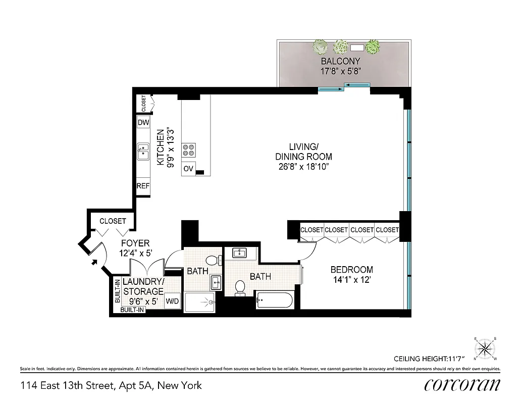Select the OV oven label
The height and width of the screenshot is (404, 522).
point(188,169)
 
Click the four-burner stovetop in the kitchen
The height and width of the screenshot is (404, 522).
point(189,149)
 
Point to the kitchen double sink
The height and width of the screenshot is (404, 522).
point(143,150)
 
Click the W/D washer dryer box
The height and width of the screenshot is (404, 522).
point(173,302)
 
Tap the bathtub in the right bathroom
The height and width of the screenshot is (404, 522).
point(274,301)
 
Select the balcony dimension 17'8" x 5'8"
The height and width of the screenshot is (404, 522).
point(341,72)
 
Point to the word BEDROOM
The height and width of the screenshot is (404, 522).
point(351,270)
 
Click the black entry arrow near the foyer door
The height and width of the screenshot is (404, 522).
point(94,262)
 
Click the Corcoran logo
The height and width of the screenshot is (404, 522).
point(462,385)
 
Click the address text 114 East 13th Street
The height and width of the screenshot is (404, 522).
point(68,386)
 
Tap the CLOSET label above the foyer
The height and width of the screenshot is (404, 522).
point(113,221)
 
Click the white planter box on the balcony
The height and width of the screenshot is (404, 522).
point(357,48)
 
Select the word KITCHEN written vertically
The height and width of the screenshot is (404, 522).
point(161,147)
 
